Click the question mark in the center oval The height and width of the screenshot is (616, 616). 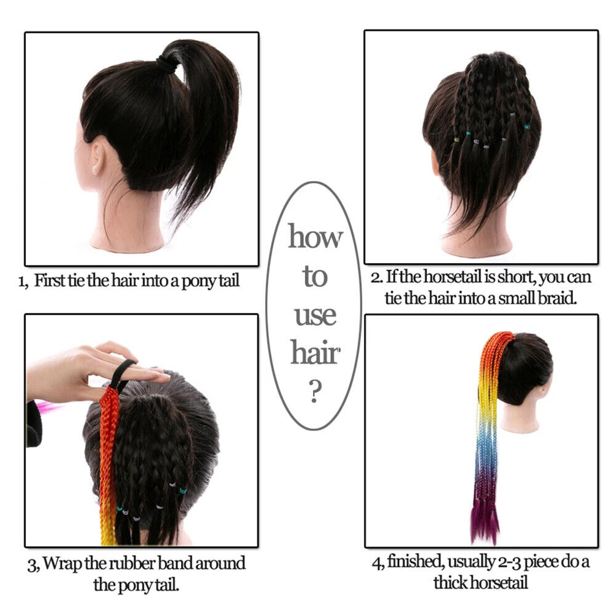click(x=315, y=391)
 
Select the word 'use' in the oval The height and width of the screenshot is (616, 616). click(x=315, y=315)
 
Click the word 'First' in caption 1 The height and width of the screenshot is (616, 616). click(x=50, y=280)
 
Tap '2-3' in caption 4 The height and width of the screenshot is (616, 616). click(x=509, y=562)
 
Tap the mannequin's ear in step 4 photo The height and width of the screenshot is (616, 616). click(x=543, y=391)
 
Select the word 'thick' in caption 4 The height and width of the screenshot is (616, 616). click(x=451, y=582)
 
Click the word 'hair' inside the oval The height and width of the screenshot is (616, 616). click(x=315, y=353)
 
